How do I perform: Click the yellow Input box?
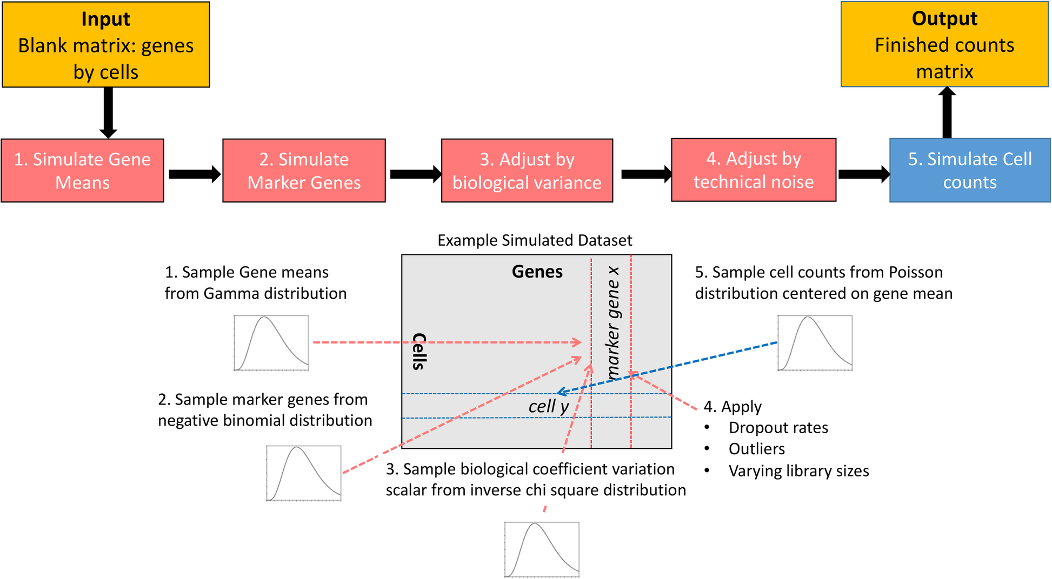tap(106, 45)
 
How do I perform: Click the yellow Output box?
tap(944, 44)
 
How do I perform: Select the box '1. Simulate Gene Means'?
tap(82, 171)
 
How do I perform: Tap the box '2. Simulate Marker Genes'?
tap(304, 171)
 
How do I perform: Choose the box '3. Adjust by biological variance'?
tap(527, 171)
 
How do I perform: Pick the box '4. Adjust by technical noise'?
tap(754, 170)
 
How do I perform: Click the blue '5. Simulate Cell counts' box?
tap(970, 170)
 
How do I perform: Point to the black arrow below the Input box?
tap(108, 112)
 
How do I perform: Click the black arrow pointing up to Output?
tap(947, 112)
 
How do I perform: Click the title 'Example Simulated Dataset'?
tap(535, 240)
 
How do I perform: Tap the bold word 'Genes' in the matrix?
tap(537, 272)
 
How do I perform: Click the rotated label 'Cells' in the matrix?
tap(419, 351)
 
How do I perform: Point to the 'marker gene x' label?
tap(612, 322)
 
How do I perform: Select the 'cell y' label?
tap(548, 406)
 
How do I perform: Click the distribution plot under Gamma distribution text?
tap(271, 343)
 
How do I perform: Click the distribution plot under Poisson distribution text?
tap(815, 343)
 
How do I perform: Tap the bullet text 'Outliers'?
tap(756, 449)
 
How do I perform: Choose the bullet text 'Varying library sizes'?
tap(798, 471)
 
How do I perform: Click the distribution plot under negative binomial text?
tap(304, 473)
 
